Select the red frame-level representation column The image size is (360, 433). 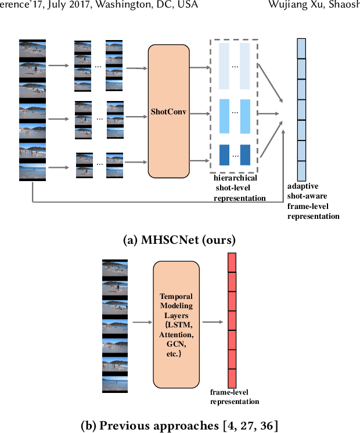(x=232, y=320)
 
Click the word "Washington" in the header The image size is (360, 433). (x=122, y=5)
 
